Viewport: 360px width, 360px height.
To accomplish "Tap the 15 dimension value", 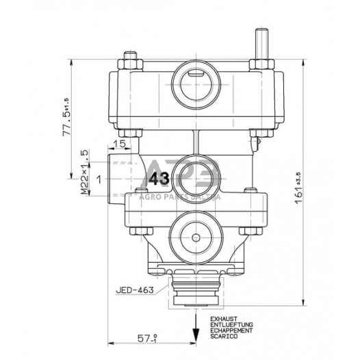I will pyautogui.click(x=119, y=144).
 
